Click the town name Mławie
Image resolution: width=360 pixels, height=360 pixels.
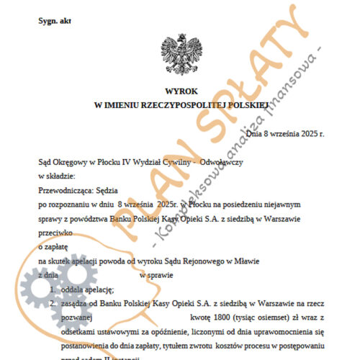point(245,261)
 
